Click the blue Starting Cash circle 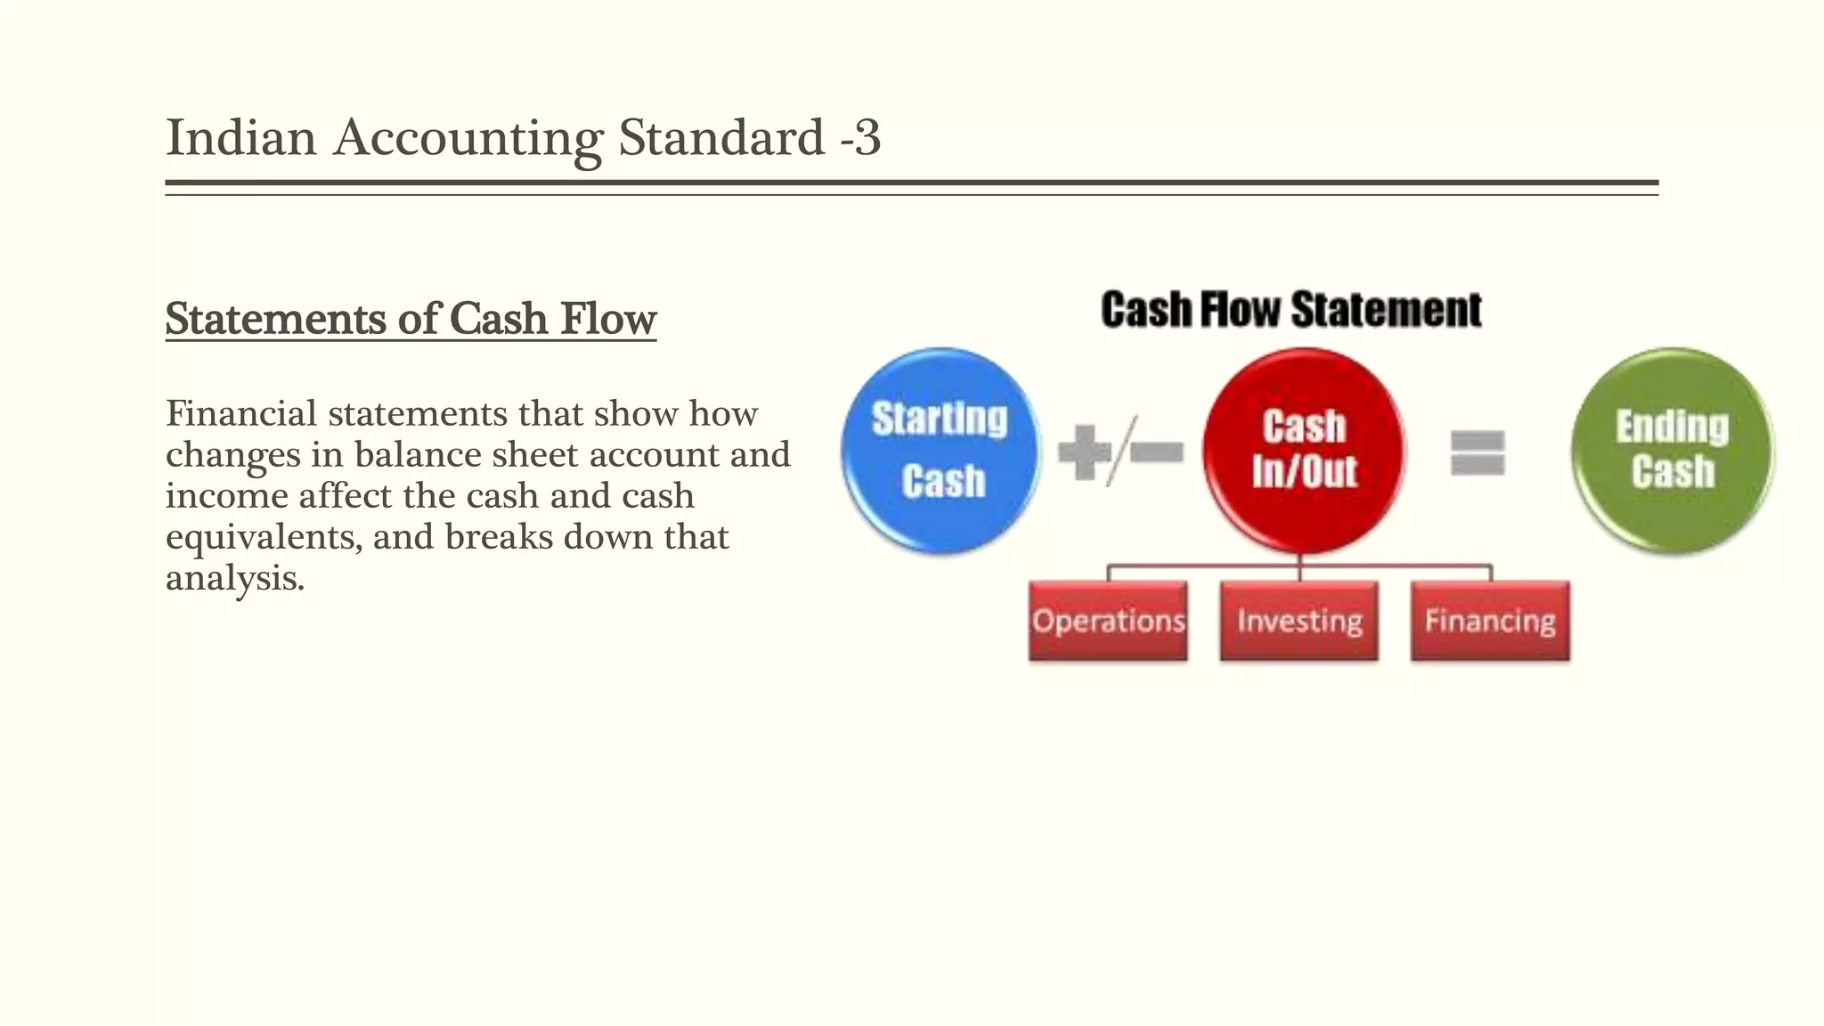coord(940,451)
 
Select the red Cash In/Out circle coord(1304,451)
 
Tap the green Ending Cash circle coord(1673,451)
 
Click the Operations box coord(1108,621)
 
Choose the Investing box coord(1299,621)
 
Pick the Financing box coord(1490,621)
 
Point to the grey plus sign coord(1083,452)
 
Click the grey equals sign coord(1478,452)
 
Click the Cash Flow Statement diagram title coord(1291,310)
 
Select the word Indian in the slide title coord(241,138)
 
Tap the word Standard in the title coord(721,138)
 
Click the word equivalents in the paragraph coord(264,537)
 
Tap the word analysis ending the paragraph coord(234,579)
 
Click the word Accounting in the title coord(468,138)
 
